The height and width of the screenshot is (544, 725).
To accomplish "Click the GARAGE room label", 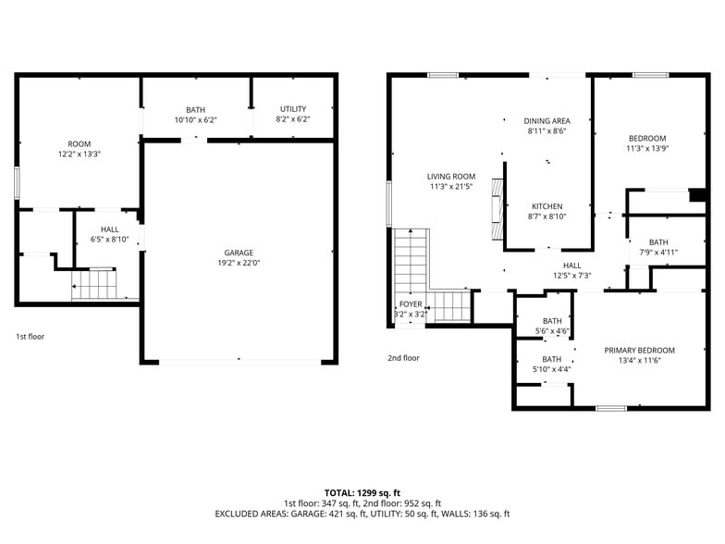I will tap(238, 253).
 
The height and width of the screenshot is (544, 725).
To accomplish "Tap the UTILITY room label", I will tap(292, 108).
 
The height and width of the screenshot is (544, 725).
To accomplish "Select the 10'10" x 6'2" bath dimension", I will tap(195, 119).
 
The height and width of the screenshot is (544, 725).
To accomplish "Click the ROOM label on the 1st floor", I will tap(79, 143).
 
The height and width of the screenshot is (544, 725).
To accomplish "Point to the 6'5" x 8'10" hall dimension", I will tap(109, 240).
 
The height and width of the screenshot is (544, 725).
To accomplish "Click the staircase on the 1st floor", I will tap(94, 284).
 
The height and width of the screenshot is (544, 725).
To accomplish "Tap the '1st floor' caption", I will tap(30, 337).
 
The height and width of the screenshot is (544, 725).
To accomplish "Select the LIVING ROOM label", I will tap(450, 176).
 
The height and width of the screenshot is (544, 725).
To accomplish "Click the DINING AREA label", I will tap(547, 120).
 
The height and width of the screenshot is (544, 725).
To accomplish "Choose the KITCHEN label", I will tap(547, 206).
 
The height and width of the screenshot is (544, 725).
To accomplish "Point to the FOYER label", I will tap(410, 303).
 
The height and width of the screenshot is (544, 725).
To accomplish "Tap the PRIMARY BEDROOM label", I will tap(639, 350).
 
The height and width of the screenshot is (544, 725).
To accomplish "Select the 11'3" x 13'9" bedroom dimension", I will tap(646, 148).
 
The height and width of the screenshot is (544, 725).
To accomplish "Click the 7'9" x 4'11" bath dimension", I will tap(657, 252).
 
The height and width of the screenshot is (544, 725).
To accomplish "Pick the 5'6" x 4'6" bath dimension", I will tap(551, 331).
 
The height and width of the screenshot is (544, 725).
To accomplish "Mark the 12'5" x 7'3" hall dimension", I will tap(572, 275).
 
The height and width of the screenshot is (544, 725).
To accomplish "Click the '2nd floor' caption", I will tap(403, 357).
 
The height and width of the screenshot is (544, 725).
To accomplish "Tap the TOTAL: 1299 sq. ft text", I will tap(362, 492).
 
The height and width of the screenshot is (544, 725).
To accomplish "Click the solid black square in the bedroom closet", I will tap(698, 195).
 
